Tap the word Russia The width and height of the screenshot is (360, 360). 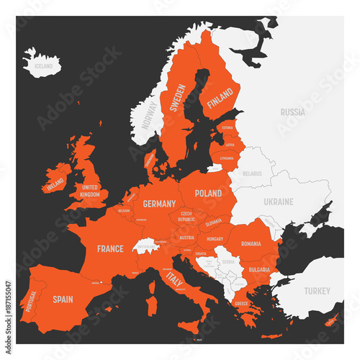click(292, 112)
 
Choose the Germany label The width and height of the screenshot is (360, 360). click(159, 204)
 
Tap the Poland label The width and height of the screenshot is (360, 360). click(208, 194)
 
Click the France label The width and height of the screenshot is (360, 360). click(112, 249)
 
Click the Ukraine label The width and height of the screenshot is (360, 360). click(278, 202)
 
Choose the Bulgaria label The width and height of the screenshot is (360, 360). click(258, 269)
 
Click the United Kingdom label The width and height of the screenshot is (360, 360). click(90, 192)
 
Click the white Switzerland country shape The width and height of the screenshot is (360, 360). click(148, 246)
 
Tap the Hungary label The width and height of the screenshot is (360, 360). click(214, 238)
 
